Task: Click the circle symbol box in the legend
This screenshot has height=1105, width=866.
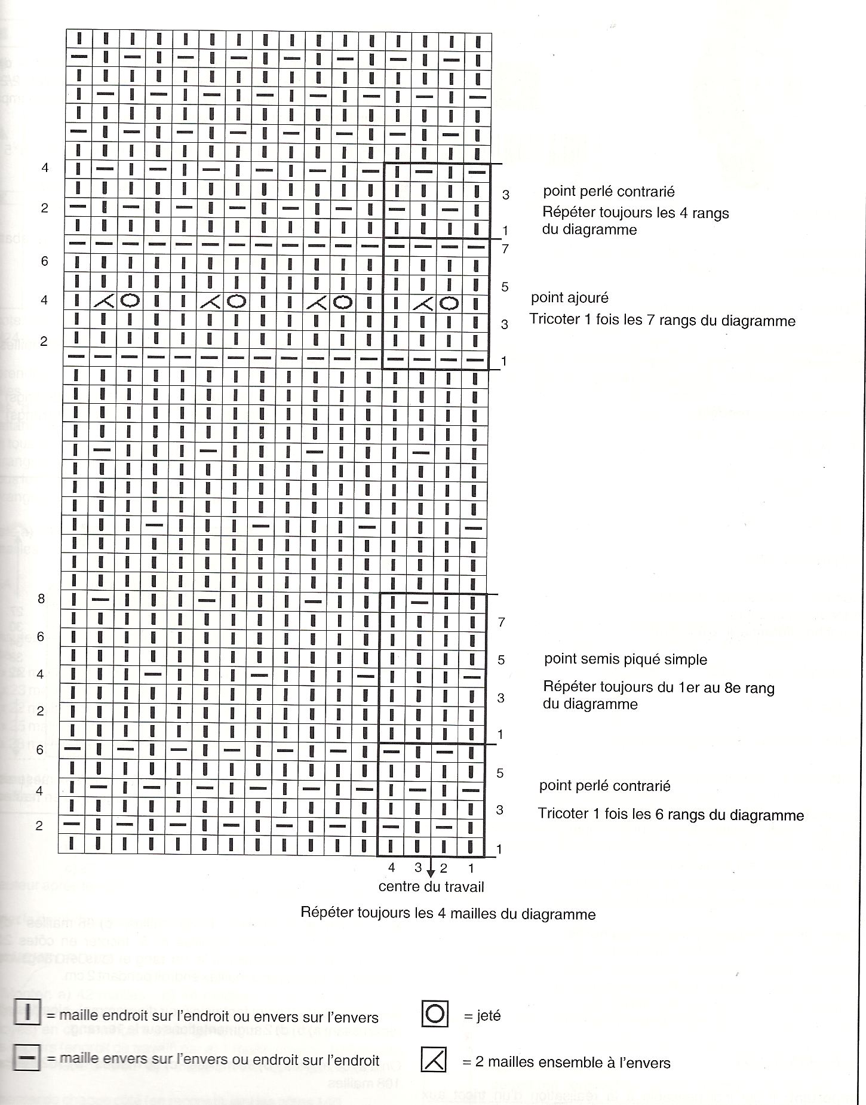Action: point(435,1014)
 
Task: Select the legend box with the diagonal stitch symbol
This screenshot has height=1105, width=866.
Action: point(434,1060)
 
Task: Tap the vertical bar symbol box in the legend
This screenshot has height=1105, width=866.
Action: point(27,1014)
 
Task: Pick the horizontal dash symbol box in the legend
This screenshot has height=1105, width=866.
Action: point(27,1060)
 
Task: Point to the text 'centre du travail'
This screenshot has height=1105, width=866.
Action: point(431,887)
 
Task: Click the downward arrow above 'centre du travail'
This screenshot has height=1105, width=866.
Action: point(431,871)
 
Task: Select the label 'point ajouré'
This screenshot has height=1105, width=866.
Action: point(569,297)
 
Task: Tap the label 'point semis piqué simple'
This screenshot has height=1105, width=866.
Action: point(625,659)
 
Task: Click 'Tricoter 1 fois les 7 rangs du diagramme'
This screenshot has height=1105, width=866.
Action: point(662,320)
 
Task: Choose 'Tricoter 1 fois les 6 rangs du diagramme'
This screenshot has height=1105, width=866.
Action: point(671,815)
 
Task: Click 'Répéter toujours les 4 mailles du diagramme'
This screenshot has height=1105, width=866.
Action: point(448,913)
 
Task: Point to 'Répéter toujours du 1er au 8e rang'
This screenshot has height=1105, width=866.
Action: point(659,688)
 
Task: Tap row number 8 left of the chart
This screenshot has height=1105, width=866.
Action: point(41,598)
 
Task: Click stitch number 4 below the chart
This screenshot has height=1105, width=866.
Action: point(392,867)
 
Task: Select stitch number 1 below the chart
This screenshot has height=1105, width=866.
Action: point(471,867)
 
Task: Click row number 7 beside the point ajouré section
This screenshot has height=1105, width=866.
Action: point(505,248)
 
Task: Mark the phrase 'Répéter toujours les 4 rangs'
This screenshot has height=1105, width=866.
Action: point(635,213)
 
